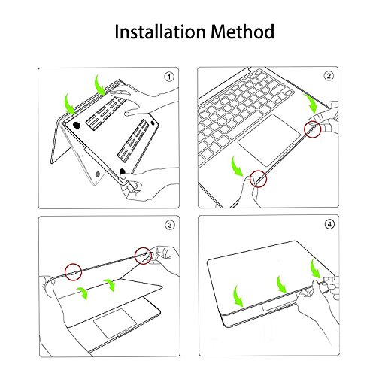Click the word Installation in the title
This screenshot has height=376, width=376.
click(x=160, y=32)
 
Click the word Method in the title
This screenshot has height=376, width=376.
click(x=242, y=32)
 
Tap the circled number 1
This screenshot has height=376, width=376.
click(x=169, y=77)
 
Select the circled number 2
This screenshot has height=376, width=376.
click(x=329, y=76)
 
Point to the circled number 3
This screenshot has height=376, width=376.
click(x=170, y=225)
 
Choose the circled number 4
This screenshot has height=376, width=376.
click(x=329, y=224)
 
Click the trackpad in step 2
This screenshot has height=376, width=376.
click(x=269, y=141)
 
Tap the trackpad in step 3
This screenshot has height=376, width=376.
click(x=115, y=323)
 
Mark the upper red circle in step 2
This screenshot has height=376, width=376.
click(x=313, y=129)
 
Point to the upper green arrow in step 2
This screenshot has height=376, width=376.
click(x=311, y=103)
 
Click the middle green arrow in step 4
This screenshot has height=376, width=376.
click(x=280, y=284)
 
